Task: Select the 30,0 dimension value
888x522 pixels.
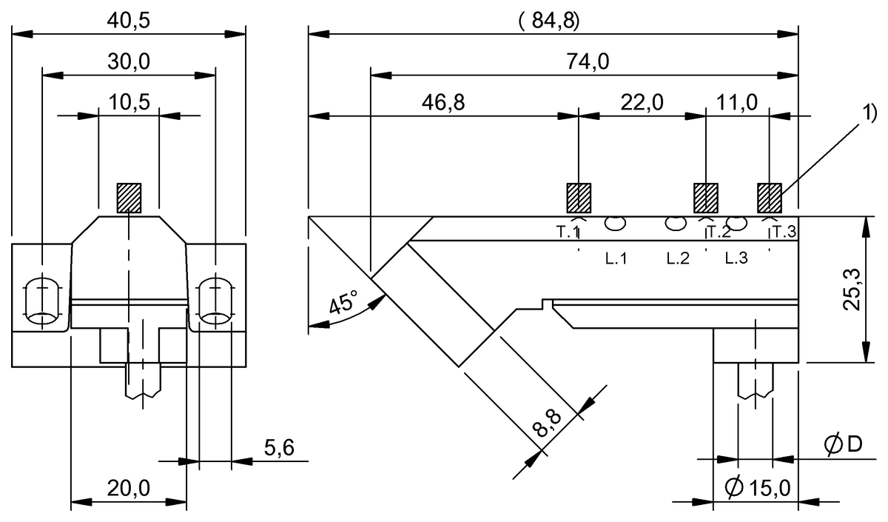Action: tap(129, 62)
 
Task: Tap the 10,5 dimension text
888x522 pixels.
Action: tap(129, 103)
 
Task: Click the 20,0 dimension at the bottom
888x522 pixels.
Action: tap(129, 488)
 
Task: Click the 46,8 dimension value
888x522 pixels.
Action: tap(444, 103)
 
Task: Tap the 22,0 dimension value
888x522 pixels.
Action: tap(641, 103)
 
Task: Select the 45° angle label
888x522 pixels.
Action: tap(343, 304)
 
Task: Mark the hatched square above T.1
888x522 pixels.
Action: tap(578, 197)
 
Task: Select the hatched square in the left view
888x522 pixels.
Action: tap(129, 198)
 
